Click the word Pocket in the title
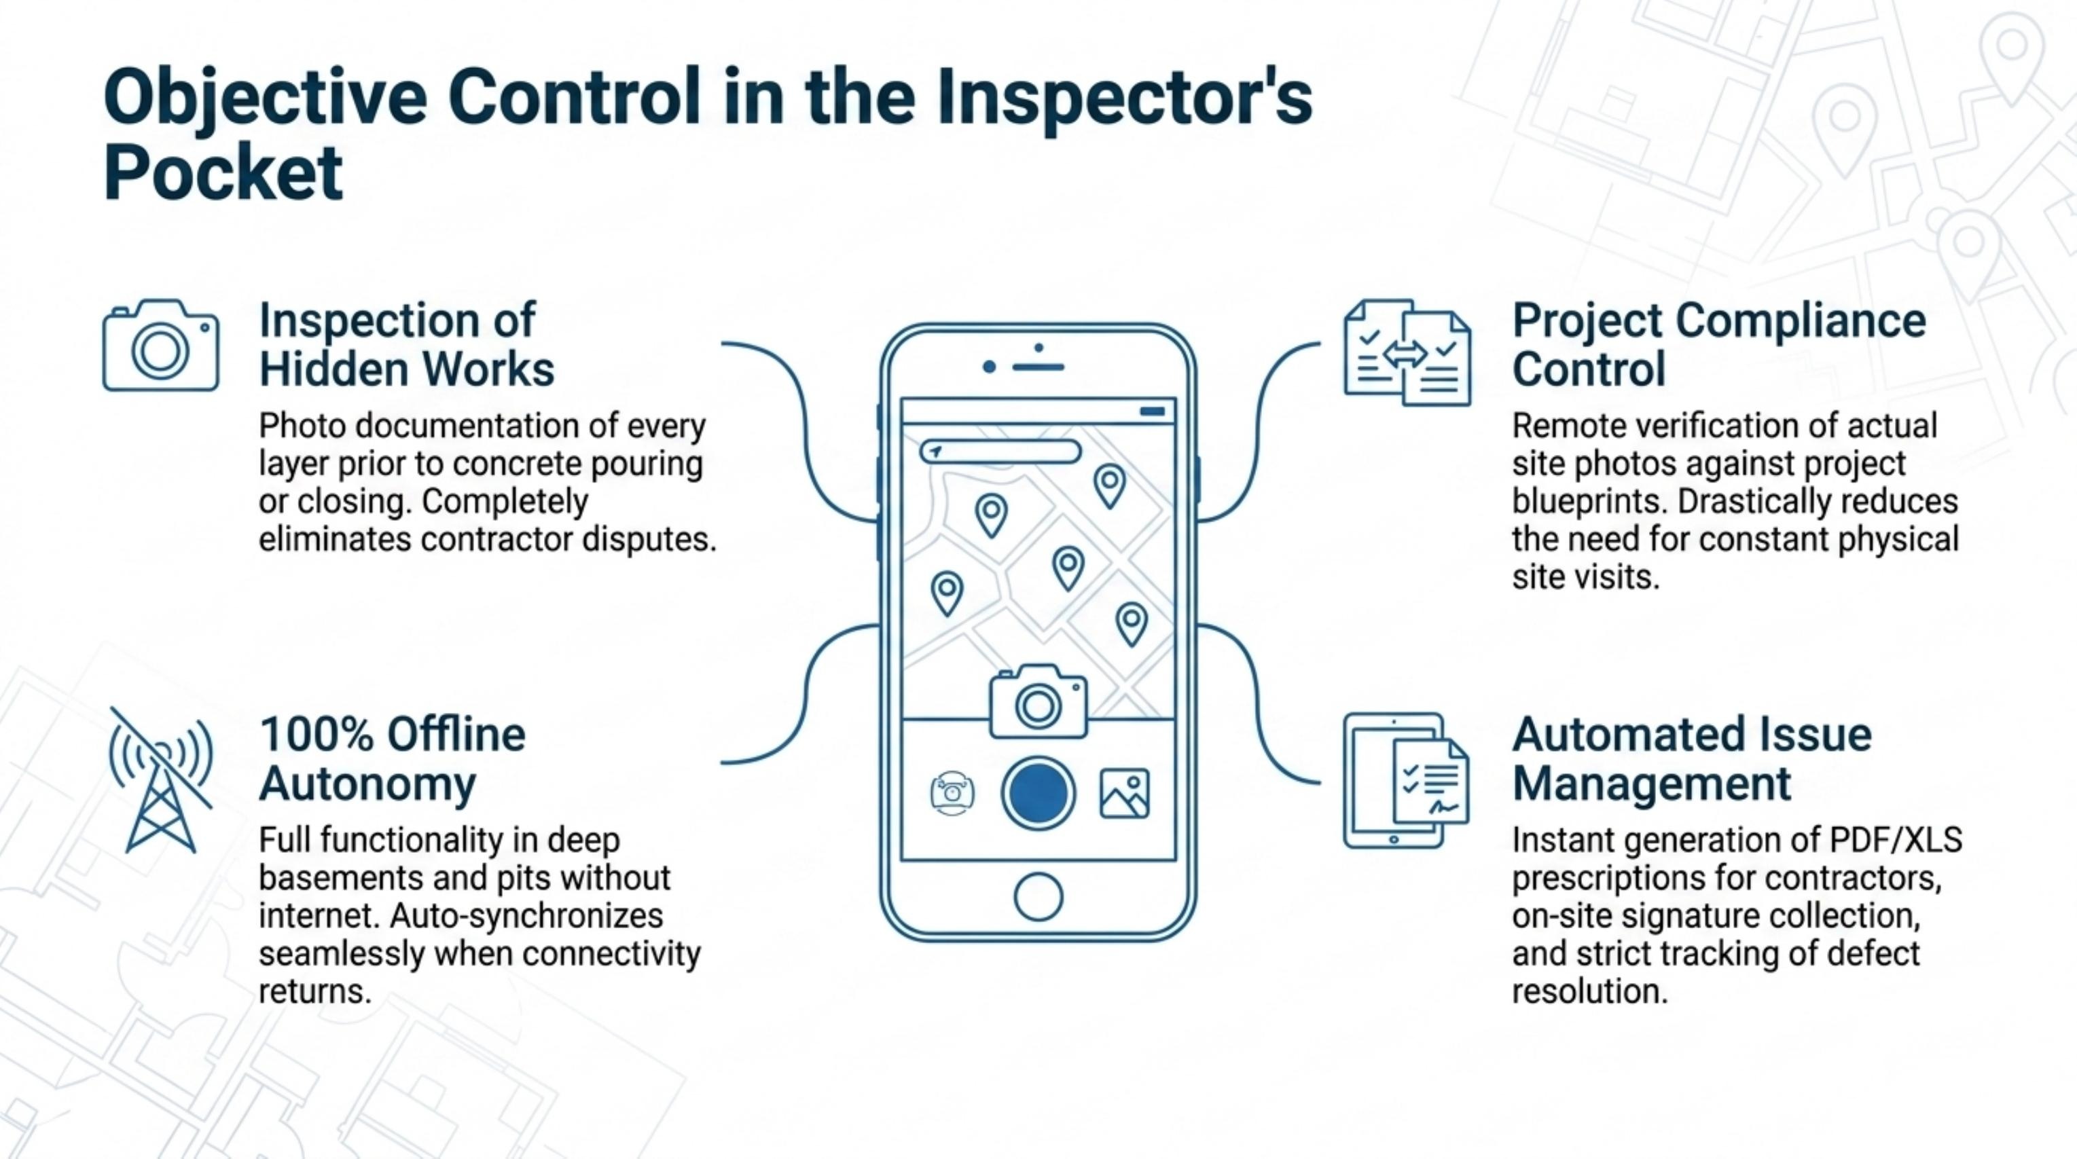[x=223, y=174]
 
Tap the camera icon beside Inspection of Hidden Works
[x=160, y=345]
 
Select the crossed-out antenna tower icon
[x=161, y=780]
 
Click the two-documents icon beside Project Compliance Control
[x=1407, y=352]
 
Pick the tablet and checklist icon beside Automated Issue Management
[x=1406, y=780]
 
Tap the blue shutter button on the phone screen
[x=1038, y=793]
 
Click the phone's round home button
[x=1038, y=896]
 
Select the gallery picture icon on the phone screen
[x=1125, y=793]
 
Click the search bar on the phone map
[x=1000, y=452]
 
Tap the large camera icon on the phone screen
[x=1038, y=701]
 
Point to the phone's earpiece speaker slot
[x=1038, y=367]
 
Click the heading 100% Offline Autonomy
[x=392, y=758]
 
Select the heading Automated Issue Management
[x=1692, y=758]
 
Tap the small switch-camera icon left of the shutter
[x=952, y=793]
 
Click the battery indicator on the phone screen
[x=1152, y=411]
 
